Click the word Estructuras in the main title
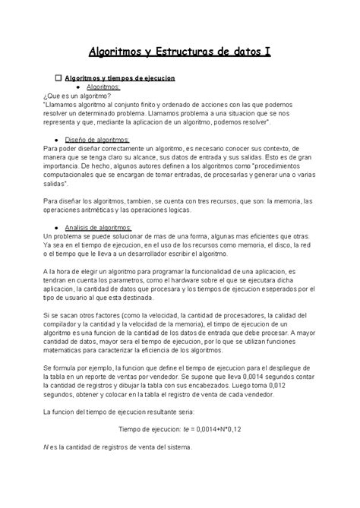pyautogui.click(x=183, y=52)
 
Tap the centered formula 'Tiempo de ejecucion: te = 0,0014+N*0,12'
pyautogui.click(x=180, y=429)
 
